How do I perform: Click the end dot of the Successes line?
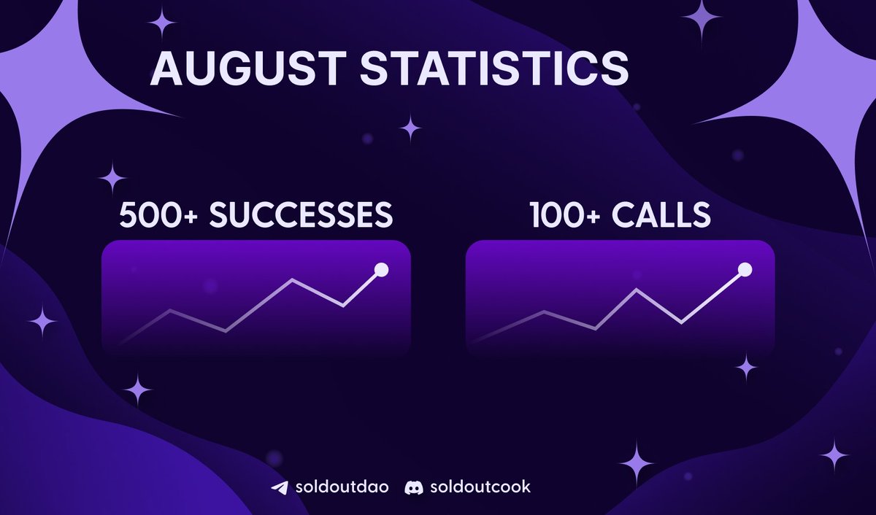click(380, 270)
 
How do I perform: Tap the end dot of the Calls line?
click(745, 270)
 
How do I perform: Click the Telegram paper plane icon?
click(278, 487)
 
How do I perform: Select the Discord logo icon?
click(413, 487)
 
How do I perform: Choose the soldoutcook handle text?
click(479, 487)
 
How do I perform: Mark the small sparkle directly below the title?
click(410, 129)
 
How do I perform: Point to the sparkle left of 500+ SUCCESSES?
click(112, 178)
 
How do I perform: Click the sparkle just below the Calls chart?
click(746, 368)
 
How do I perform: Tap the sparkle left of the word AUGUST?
click(162, 23)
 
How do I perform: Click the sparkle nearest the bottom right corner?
click(834, 456)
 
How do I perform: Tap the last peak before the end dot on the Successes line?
click(293, 279)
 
